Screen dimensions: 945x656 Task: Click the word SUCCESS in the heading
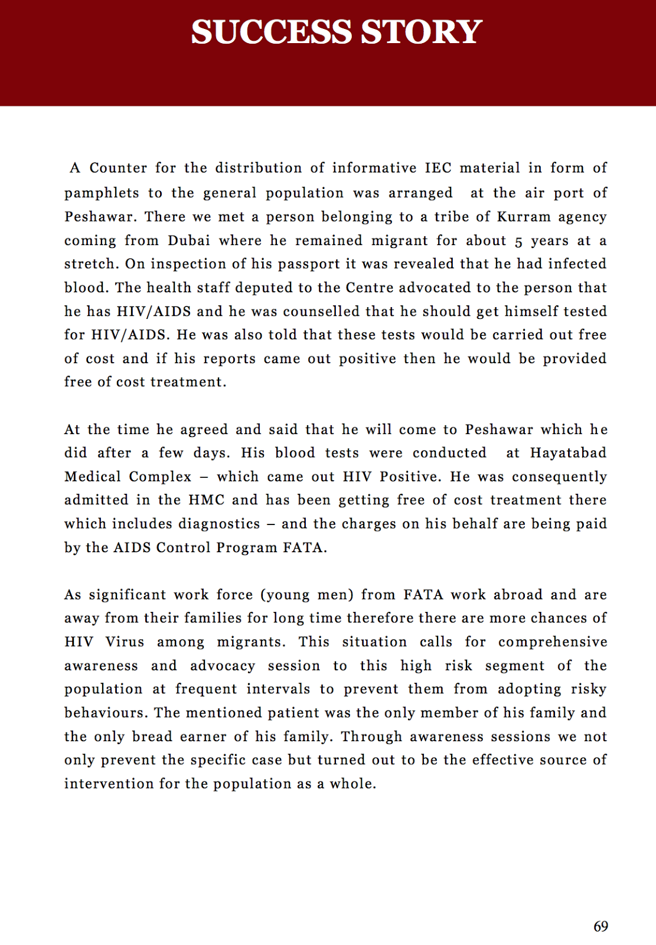[x=271, y=32]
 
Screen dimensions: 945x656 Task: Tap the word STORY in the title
[x=422, y=32]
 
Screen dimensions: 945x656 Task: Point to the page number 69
[x=600, y=927]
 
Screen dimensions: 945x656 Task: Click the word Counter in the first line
[x=118, y=168]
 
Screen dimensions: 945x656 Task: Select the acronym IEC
[x=438, y=168]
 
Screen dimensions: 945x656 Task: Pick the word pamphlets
[x=102, y=194]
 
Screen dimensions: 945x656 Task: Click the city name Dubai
[x=189, y=240]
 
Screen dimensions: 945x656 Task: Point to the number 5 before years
[x=518, y=242]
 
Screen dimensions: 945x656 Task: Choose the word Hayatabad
[x=568, y=453]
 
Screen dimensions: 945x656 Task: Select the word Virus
[x=125, y=642]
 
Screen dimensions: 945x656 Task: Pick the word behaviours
[x=105, y=713]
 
